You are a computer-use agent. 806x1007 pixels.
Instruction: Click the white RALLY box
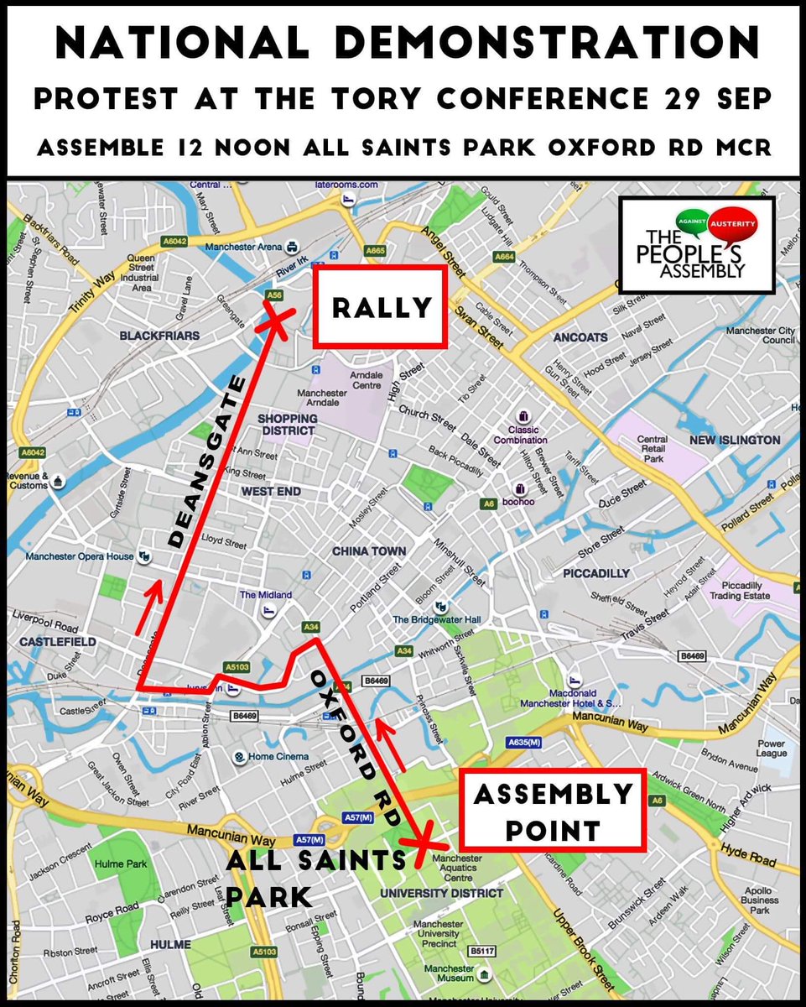(x=380, y=307)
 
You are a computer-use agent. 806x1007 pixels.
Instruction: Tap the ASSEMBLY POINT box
(x=551, y=811)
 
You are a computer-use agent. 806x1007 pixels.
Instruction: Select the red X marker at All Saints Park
(x=417, y=839)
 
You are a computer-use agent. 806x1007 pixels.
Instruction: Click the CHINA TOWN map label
(x=369, y=551)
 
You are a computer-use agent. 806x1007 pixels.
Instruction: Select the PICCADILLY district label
(x=596, y=573)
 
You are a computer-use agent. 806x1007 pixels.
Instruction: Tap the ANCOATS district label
(x=580, y=337)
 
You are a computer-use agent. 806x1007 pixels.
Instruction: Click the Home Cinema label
(x=277, y=756)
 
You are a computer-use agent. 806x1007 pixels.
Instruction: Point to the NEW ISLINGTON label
(x=735, y=440)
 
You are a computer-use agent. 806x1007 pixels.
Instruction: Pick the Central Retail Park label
(x=653, y=449)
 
